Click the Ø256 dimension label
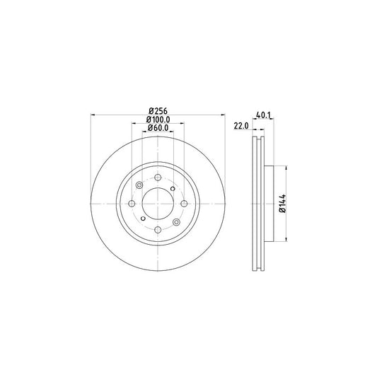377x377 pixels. pyautogui.click(x=157, y=110)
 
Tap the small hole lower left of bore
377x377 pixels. pyautogui.click(x=143, y=219)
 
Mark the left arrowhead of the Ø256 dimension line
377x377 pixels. pyautogui.click(x=93, y=115)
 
